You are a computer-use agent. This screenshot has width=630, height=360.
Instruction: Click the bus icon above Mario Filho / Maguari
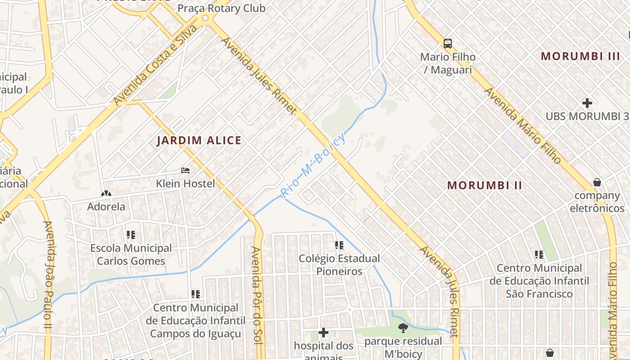click(447, 44)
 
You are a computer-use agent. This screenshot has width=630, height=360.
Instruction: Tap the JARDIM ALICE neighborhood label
click(199, 140)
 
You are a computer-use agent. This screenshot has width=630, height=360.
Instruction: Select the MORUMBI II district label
click(485, 185)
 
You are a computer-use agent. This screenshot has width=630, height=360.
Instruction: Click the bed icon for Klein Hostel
click(185, 171)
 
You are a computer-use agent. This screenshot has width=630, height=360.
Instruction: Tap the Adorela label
click(106, 207)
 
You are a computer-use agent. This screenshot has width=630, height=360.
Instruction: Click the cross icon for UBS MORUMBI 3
click(587, 103)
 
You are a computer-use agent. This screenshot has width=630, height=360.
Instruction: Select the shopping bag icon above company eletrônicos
click(597, 182)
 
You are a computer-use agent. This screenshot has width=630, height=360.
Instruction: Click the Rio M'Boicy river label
click(312, 165)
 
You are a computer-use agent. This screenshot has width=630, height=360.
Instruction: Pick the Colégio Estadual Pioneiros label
click(339, 265)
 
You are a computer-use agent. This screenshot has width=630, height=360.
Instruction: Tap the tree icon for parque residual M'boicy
click(403, 328)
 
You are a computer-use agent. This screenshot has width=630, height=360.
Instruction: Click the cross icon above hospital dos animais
click(323, 333)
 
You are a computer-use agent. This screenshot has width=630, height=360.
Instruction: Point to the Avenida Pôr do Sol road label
click(256, 295)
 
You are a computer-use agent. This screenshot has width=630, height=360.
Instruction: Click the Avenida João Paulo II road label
click(48, 270)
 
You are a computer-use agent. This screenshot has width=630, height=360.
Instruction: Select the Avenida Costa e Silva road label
click(155, 65)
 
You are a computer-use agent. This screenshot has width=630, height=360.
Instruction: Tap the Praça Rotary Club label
click(221, 8)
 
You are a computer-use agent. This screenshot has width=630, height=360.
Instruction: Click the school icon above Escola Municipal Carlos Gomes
click(131, 234)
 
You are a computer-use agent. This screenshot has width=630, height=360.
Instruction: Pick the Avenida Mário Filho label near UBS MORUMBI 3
click(523, 126)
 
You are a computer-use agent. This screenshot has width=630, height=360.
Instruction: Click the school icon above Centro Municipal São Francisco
click(539, 255)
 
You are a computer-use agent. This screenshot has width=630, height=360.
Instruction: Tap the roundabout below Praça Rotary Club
click(206, 18)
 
